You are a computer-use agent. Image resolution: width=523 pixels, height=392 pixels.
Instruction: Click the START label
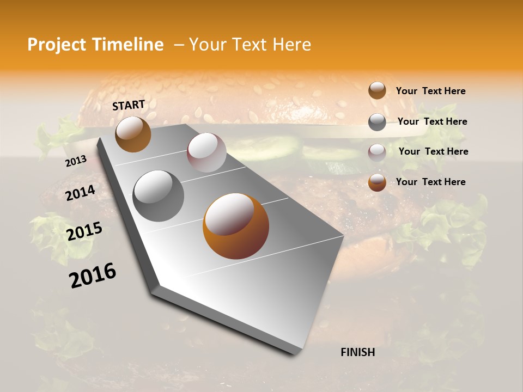tap(129, 105)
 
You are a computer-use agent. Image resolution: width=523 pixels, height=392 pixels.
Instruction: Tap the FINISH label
tap(357, 352)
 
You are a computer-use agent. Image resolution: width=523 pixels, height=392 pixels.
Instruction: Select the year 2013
tap(76, 161)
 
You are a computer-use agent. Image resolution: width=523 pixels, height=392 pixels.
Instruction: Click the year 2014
tap(80, 193)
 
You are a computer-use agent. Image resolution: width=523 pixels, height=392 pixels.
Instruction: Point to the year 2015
tap(84, 231)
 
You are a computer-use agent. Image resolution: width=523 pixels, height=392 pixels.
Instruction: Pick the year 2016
tap(93, 275)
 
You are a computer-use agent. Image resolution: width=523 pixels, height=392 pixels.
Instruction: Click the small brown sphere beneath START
tap(133, 134)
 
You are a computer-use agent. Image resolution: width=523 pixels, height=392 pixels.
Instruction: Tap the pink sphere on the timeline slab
tap(206, 152)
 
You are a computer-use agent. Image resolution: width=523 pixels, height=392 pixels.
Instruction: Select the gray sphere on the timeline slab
tap(159, 195)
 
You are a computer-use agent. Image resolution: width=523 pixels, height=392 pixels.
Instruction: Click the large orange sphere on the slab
tap(236, 226)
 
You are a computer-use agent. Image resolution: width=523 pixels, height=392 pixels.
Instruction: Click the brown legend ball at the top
tap(377, 91)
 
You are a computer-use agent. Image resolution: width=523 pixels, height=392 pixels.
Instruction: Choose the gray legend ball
tap(377, 122)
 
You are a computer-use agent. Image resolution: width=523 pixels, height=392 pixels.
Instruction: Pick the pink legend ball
tap(377, 152)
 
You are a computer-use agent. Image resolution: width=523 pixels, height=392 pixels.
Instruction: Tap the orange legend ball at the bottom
tap(377, 182)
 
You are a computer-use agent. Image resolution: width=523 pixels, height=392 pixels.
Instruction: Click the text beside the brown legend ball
tap(430, 91)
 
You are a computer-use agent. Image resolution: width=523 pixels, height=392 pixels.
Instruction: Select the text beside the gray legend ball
tap(432, 121)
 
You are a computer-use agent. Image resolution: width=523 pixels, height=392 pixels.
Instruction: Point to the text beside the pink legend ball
tap(433, 151)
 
